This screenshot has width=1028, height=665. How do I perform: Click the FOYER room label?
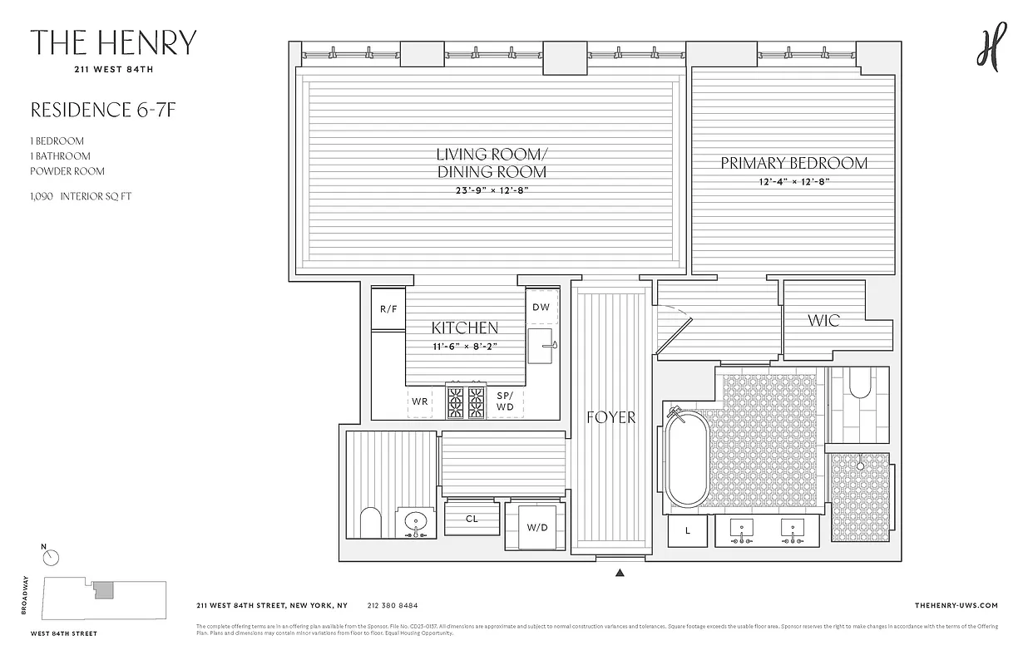pos(610,417)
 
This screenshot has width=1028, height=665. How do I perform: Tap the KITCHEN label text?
pos(464,328)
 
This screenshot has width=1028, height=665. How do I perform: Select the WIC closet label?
pos(823,320)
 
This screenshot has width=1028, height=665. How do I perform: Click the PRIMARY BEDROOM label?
pos(793,163)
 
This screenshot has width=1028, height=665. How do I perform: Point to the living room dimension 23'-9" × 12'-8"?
pos(491,190)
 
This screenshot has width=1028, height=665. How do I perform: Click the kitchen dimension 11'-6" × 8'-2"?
pos(464,347)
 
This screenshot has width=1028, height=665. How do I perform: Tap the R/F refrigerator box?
pos(388,308)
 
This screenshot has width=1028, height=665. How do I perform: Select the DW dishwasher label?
pos(541,307)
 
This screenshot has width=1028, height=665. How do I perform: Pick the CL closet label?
pos(472,519)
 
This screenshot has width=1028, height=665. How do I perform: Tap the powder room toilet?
pos(370,524)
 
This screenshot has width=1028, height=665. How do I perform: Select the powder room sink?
pos(415,523)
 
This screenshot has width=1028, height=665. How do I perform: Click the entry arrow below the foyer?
pos(620,573)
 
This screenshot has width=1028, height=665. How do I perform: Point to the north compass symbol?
pos(51,557)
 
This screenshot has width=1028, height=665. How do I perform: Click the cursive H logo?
pos(991,47)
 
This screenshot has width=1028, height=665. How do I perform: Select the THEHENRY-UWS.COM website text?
pos(956,606)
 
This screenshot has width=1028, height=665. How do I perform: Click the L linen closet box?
pos(688,531)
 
